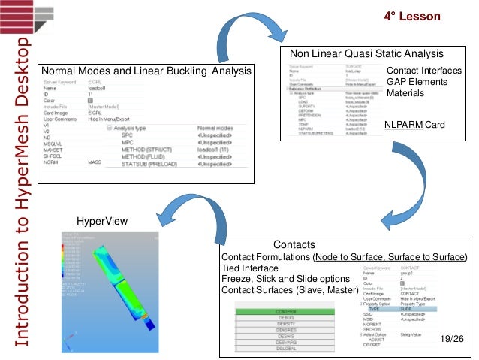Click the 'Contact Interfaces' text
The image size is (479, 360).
click(424, 71)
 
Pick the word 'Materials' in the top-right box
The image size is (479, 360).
click(405, 93)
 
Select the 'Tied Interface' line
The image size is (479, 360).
click(251, 268)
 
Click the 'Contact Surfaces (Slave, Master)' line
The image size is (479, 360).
click(289, 290)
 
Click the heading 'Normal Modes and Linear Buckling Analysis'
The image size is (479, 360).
click(146, 71)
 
